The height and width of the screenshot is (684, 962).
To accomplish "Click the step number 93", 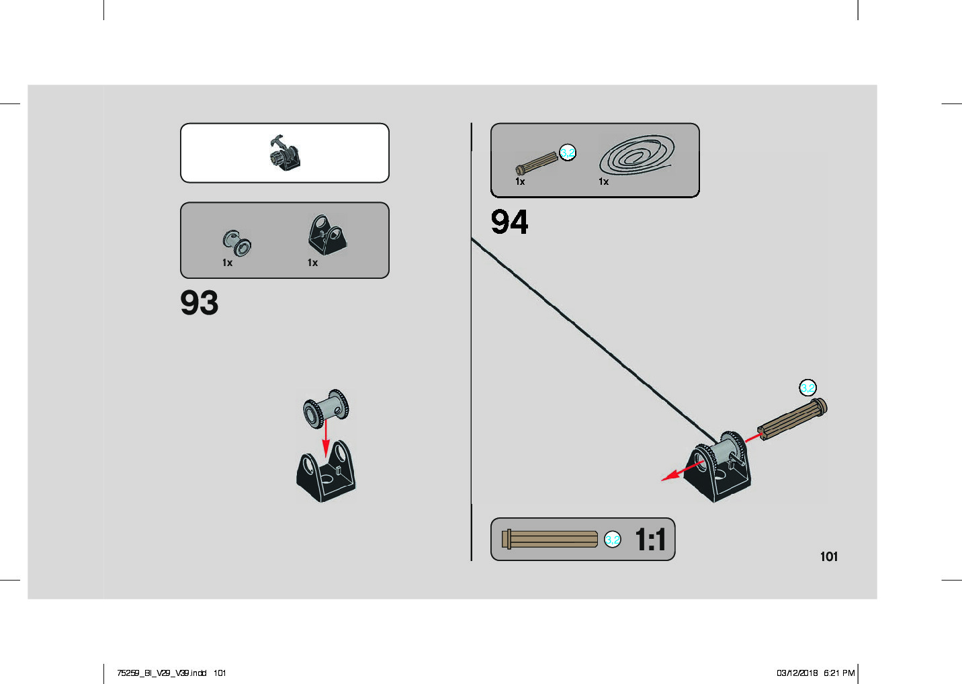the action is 199,302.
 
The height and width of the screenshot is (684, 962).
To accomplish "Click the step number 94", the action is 509,222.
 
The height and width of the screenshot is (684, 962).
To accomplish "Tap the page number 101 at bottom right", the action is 828,556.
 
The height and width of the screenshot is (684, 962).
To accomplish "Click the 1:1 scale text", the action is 650,540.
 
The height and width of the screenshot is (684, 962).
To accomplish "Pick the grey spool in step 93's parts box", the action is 236,242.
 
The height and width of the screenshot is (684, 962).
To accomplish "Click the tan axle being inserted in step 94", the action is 793,418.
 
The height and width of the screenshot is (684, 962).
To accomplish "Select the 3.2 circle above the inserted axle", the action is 807,388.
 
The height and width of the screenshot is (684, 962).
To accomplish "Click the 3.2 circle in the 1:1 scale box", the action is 612,540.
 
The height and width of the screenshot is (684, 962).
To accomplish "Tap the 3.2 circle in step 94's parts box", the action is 568,153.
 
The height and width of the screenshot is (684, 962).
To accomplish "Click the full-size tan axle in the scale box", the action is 550,540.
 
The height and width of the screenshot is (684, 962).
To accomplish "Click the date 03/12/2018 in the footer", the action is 797,673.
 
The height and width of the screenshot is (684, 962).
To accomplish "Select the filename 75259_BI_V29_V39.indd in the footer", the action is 161,673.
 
